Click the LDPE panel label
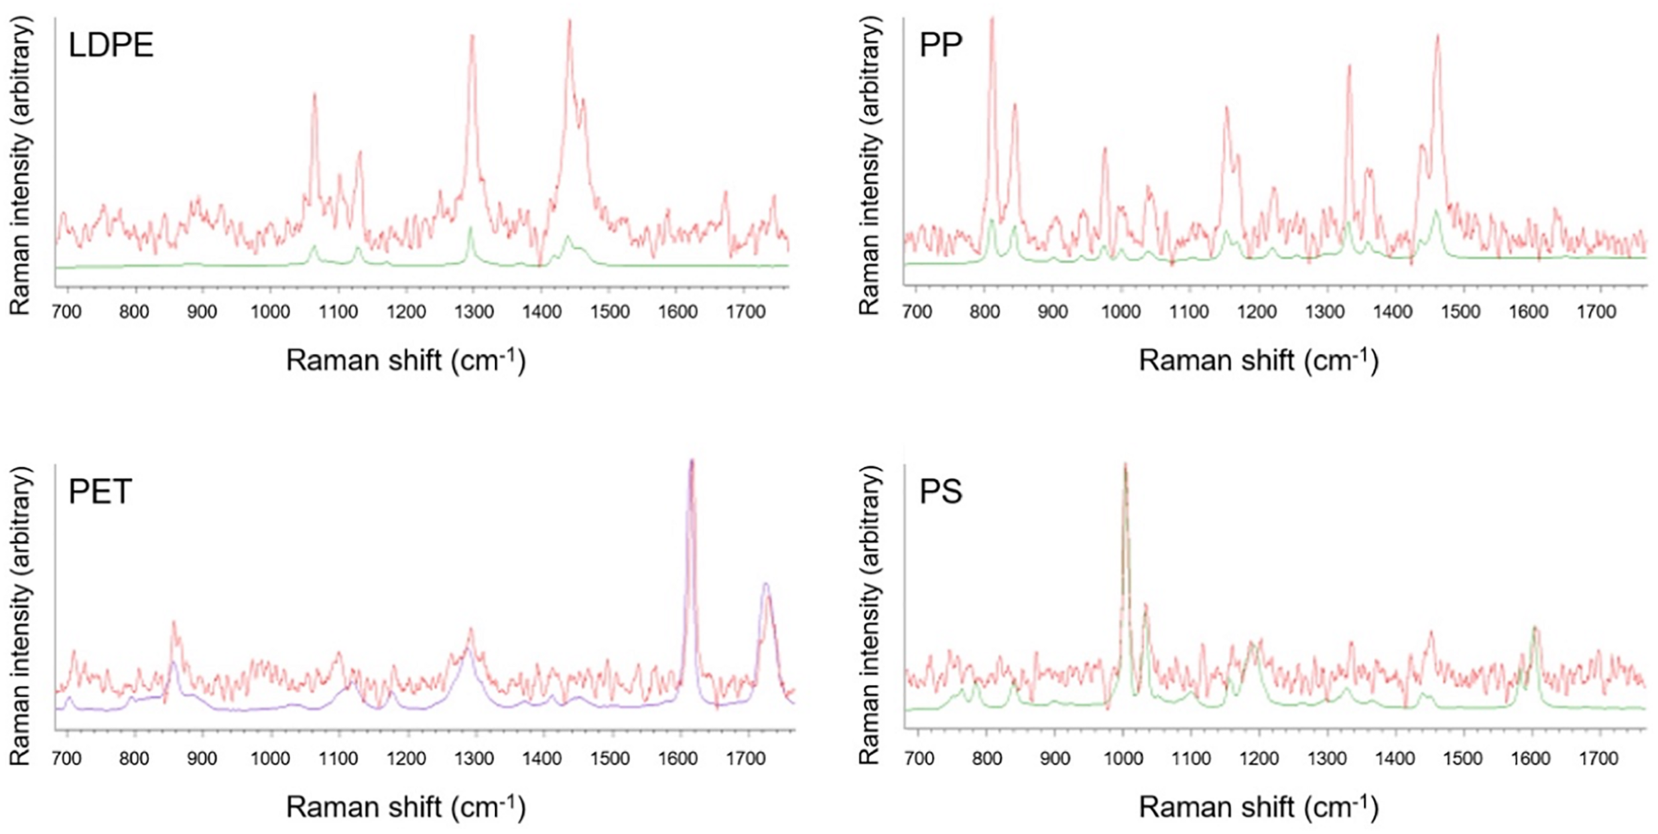coord(111,46)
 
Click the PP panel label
coord(940,45)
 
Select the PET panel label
coord(100,492)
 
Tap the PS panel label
coord(940,492)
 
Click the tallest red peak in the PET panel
coord(691,462)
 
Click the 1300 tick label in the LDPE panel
coord(473,312)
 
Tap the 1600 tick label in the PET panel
coord(677,758)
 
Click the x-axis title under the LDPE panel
coord(406,361)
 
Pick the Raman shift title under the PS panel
coord(1258,807)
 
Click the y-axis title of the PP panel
coord(869,166)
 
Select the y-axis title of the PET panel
coord(21,614)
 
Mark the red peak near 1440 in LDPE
coord(569,22)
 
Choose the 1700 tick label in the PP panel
coord(1596,312)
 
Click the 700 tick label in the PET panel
coord(66,758)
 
